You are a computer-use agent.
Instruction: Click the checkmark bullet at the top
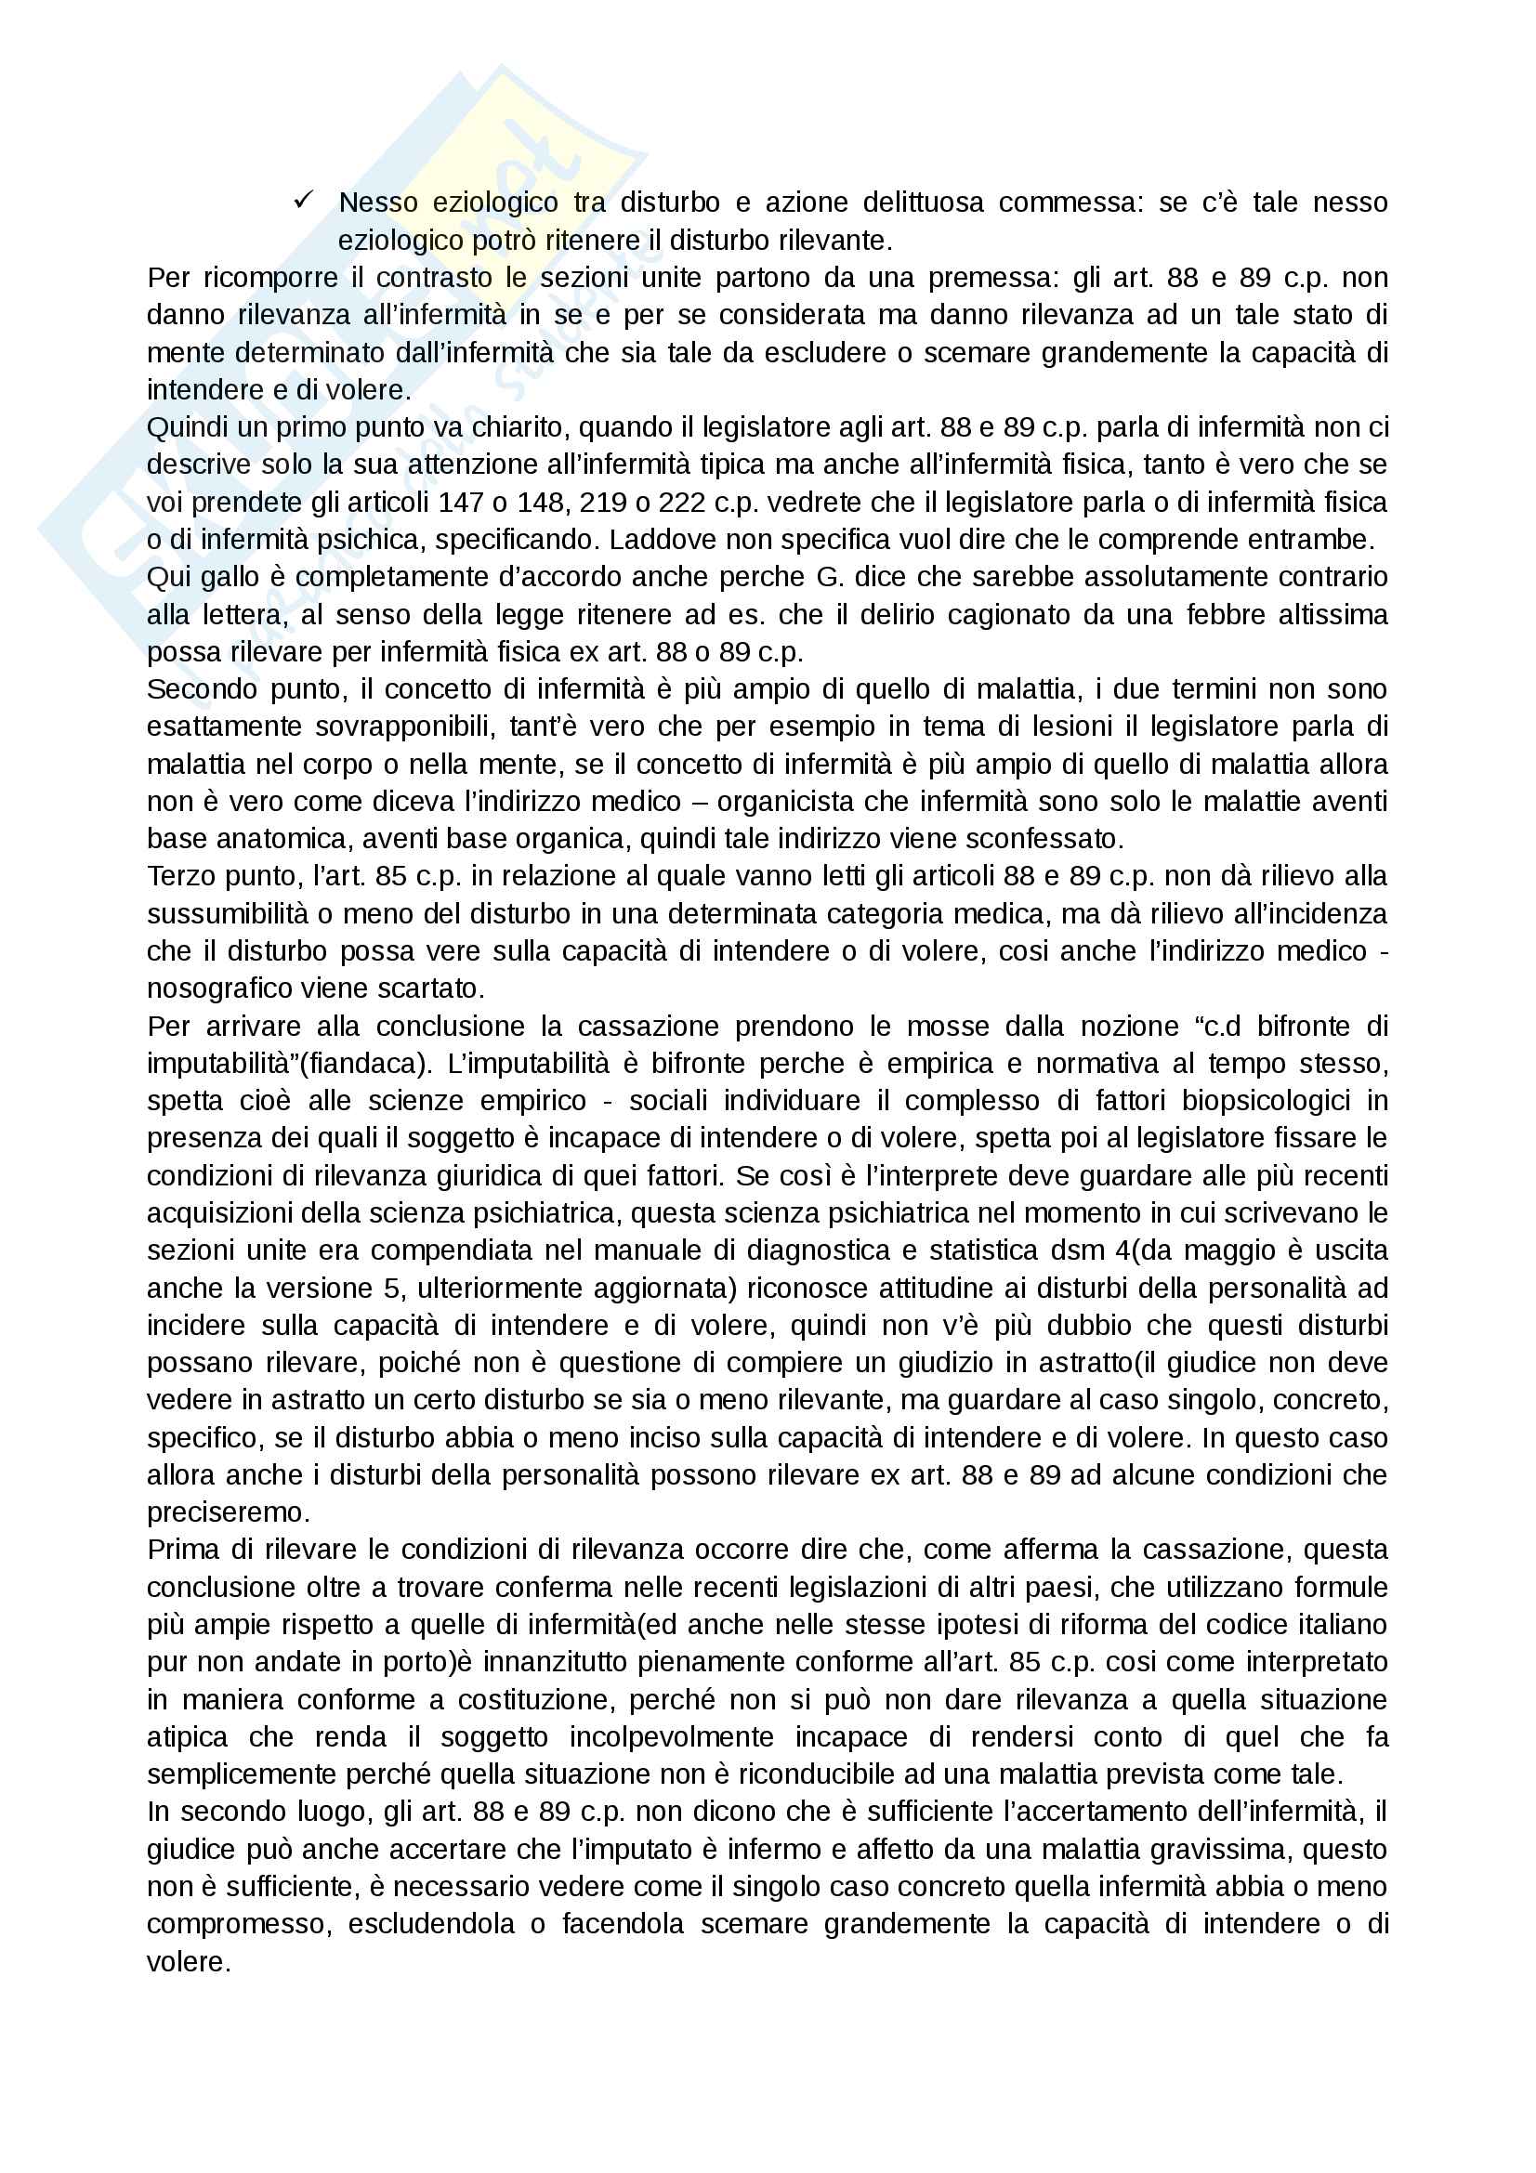tap(304, 200)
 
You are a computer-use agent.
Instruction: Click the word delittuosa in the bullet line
tap(923, 203)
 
